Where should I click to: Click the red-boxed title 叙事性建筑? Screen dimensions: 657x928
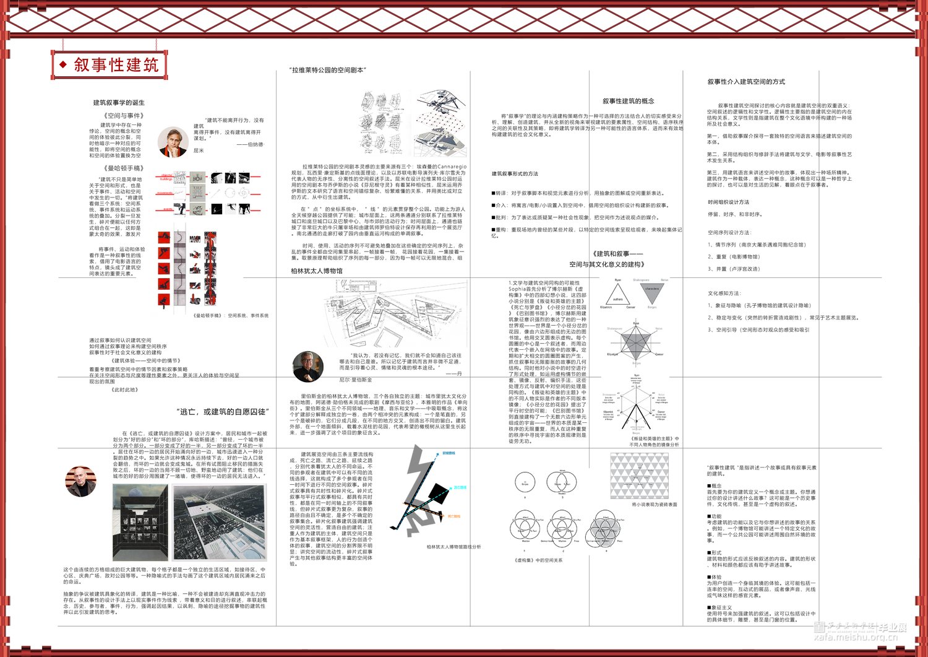pyautogui.click(x=116, y=64)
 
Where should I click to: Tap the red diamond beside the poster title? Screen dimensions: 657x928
pyautogui.click(x=62, y=64)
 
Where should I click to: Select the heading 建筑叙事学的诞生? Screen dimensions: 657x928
pyautogui.click(x=119, y=103)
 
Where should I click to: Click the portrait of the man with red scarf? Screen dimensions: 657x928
pyautogui.click(x=173, y=142)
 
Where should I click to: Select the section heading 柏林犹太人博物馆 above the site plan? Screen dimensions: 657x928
pyautogui.click(x=317, y=271)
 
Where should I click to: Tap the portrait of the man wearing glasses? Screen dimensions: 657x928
pyautogui.click(x=308, y=366)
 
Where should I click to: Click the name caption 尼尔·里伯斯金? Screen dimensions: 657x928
pyautogui.click(x=356, y=380)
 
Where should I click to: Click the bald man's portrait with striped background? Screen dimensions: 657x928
pyautogui.click(x=80, y=481)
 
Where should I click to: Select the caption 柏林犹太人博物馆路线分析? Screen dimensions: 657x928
pyautogui.click(x=453, y=547)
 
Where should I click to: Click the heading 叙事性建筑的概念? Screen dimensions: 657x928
pyautogui.click(x=628, y=101)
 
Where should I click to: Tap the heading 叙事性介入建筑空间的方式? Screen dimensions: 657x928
pyautogui.click(x=746, y=82)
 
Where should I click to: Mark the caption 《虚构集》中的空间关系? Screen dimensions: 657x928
pyautogui.click(x=538, y=560)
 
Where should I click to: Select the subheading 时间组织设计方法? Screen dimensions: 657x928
pyautogui.click(x=728, y=202)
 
